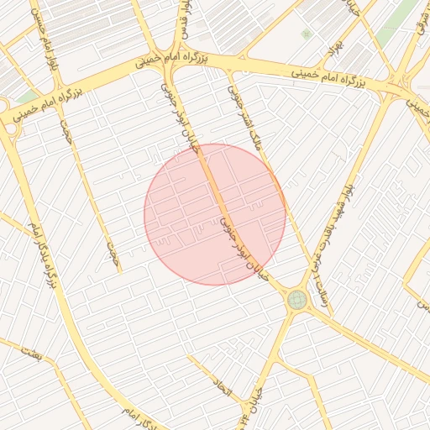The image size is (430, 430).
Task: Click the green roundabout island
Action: [296, 300]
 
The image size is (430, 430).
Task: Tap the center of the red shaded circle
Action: [215, 214]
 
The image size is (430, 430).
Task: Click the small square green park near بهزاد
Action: [307, 34]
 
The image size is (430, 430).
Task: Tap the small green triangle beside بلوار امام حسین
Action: [30, 97]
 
